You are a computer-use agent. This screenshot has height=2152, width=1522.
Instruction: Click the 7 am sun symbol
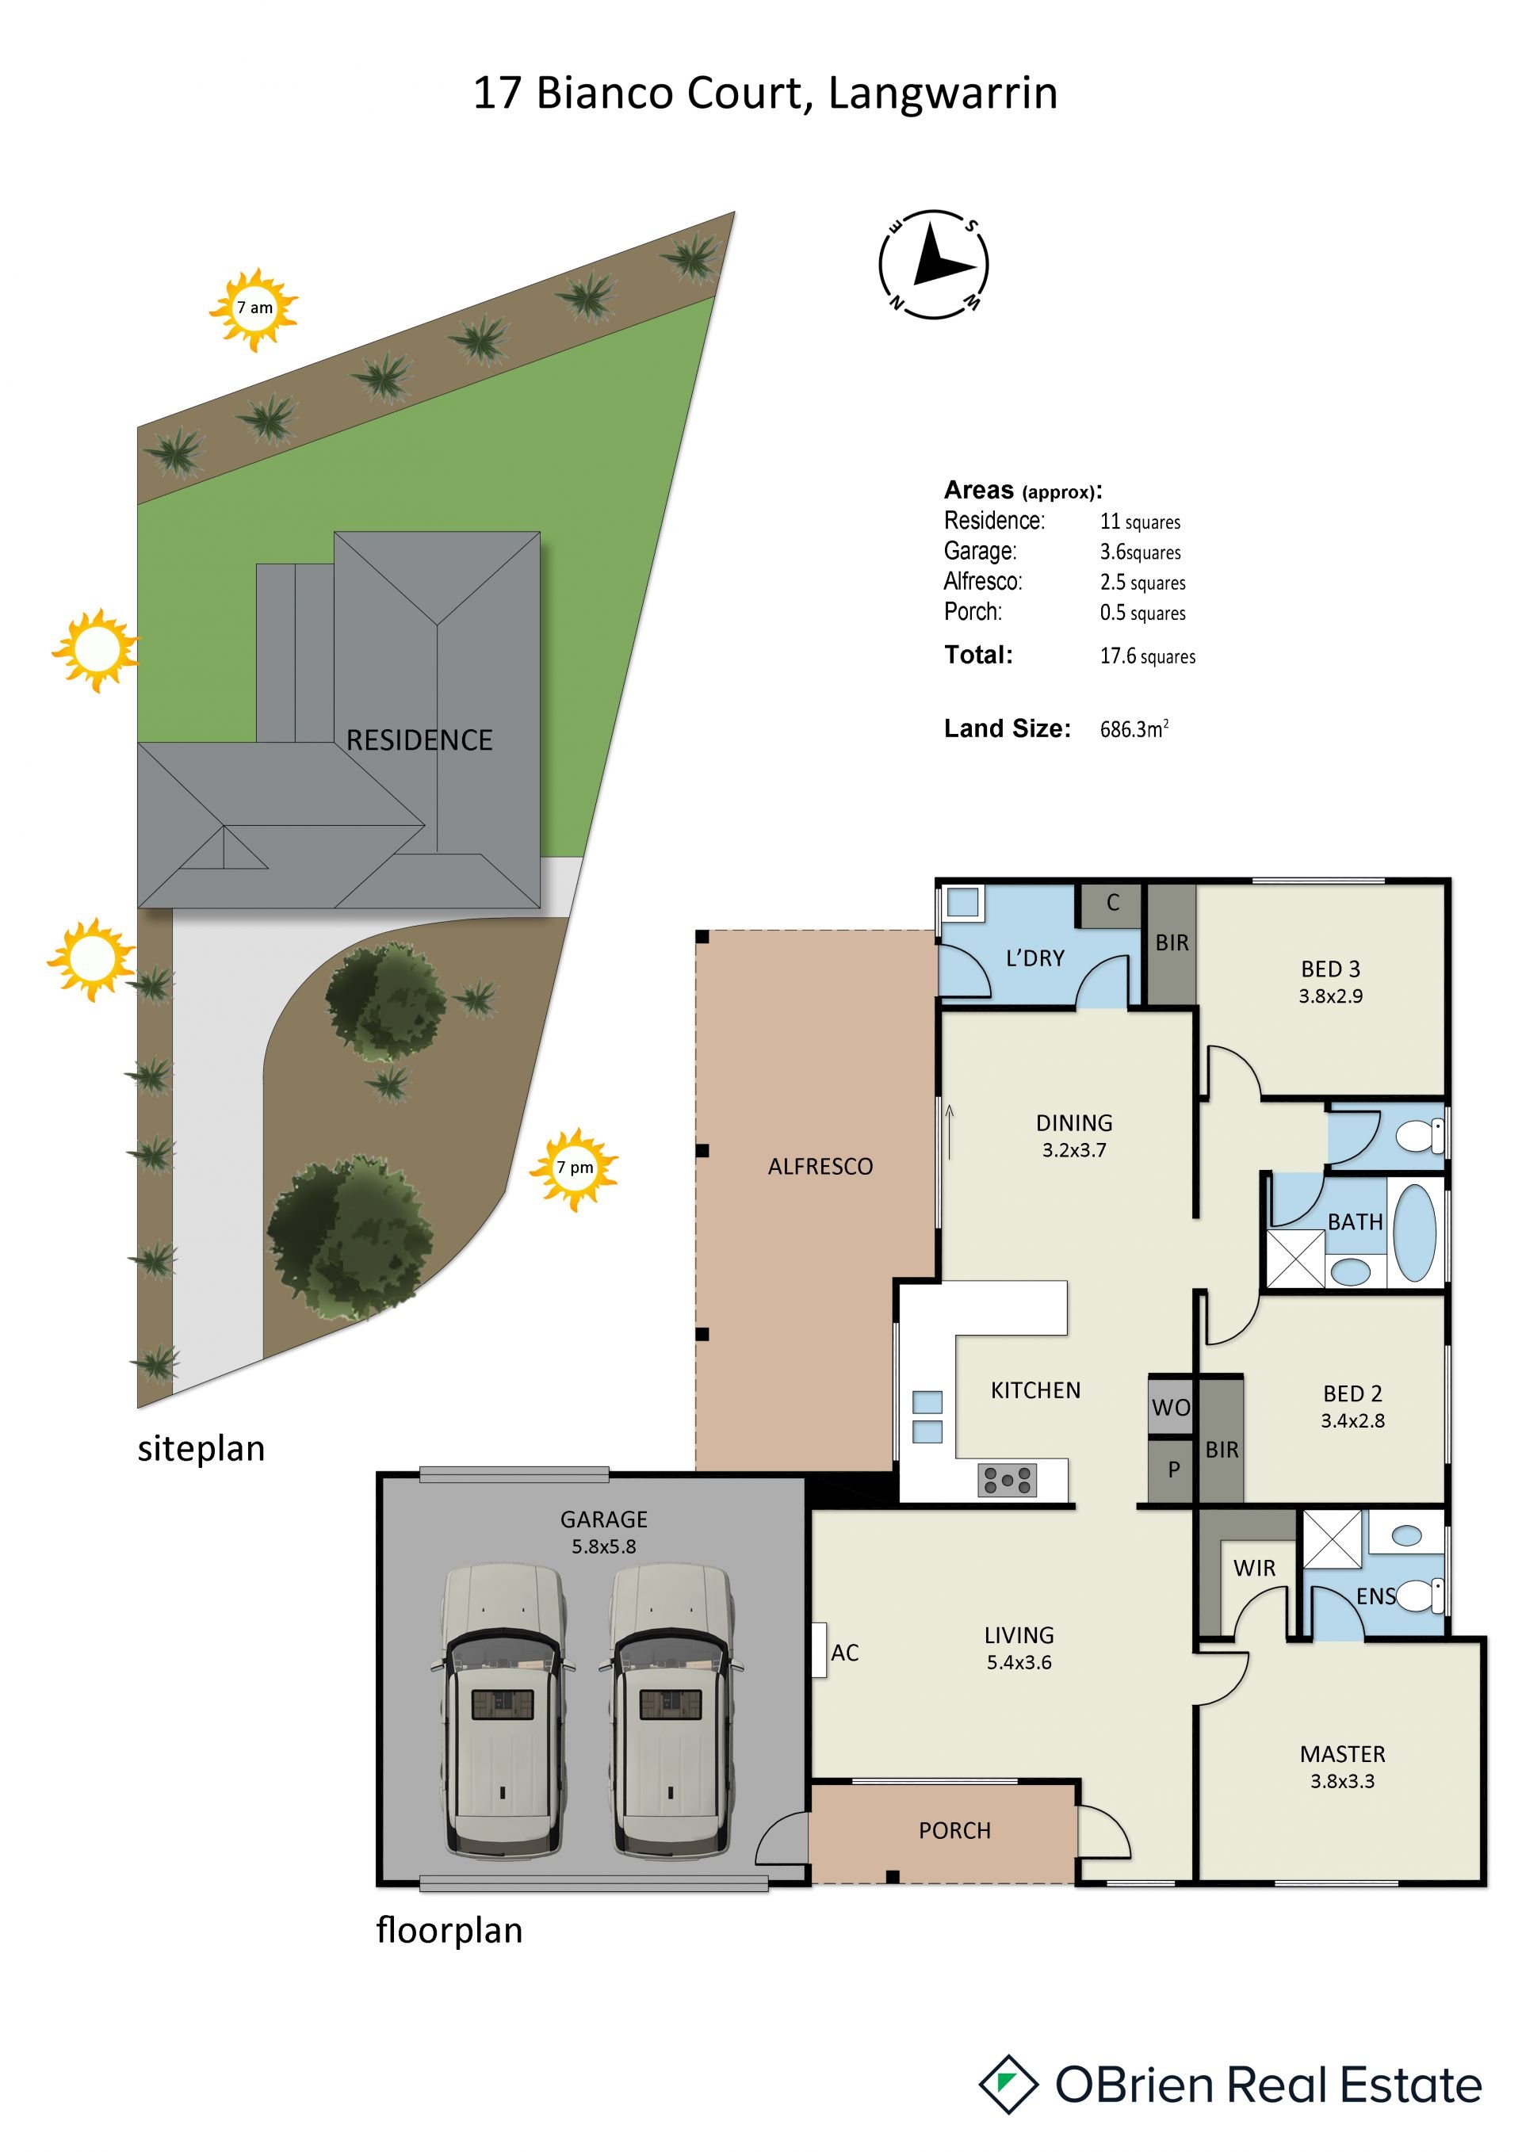tap(253, 308)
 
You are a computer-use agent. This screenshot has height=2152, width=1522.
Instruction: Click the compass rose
tap(934, 264)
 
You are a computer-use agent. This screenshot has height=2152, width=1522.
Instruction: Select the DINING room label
tap(1074, 1123)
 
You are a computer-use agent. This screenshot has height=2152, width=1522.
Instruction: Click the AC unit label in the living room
tap(844, 1653)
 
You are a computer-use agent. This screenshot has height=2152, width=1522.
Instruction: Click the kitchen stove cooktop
tap(1007, 1480)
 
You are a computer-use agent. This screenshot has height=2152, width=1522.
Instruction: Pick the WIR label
tap(1254, 1568)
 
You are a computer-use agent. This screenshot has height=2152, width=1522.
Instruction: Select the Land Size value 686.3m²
tap(1134, 728)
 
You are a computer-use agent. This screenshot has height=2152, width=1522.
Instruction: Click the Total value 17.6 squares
tap(1147, 656)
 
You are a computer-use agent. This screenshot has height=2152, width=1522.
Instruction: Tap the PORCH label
tap(954, 1830)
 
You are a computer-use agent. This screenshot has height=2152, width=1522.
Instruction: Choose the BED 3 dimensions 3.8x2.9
tap(1330, 996)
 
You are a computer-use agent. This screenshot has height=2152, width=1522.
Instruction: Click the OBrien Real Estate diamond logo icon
tap(1008, 2085)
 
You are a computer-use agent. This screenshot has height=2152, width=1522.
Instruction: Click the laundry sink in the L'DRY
tap(962, 903)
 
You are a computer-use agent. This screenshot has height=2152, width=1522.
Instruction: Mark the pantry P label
tap(1173, 1470)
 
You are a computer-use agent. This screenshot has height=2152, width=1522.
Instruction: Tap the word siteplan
tap(201, 1449)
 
